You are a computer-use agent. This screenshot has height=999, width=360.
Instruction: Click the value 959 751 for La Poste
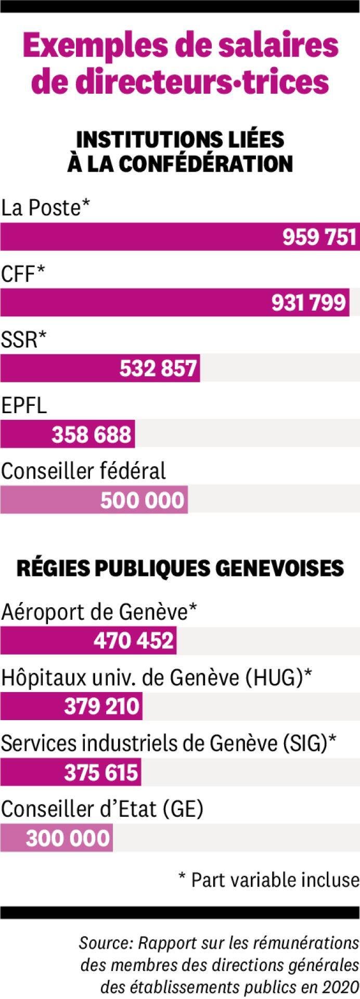coord(319,237)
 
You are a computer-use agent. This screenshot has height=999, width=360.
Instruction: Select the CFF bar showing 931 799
coord(174,302)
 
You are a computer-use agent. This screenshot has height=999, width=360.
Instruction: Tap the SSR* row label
coord(23,340)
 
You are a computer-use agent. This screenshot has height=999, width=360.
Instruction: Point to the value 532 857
coord(159,368)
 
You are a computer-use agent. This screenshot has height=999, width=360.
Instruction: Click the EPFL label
coord(24,406)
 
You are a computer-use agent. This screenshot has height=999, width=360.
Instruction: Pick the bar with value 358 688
coord(68,434)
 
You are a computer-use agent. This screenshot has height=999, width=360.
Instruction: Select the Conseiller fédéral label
coord(83,471)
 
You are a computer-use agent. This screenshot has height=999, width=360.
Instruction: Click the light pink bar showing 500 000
coord(94,499)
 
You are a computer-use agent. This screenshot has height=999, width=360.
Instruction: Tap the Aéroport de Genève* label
coord(99,612)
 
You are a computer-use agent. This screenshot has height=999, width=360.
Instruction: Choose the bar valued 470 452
coord(88,641)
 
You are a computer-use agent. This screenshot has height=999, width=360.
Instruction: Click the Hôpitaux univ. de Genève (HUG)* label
coord(157,678)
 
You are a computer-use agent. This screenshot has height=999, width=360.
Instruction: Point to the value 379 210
coord(102,706)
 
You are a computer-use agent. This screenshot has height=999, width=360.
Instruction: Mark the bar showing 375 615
coord(71,772)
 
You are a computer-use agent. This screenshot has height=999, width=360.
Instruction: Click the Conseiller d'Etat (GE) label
coord(102,810)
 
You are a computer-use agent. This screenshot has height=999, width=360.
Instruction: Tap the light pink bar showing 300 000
coord(56,838)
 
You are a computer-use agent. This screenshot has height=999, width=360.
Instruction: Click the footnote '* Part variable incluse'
coord(268,880)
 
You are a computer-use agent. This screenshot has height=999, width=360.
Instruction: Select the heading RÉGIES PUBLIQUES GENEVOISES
coord(180,568)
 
